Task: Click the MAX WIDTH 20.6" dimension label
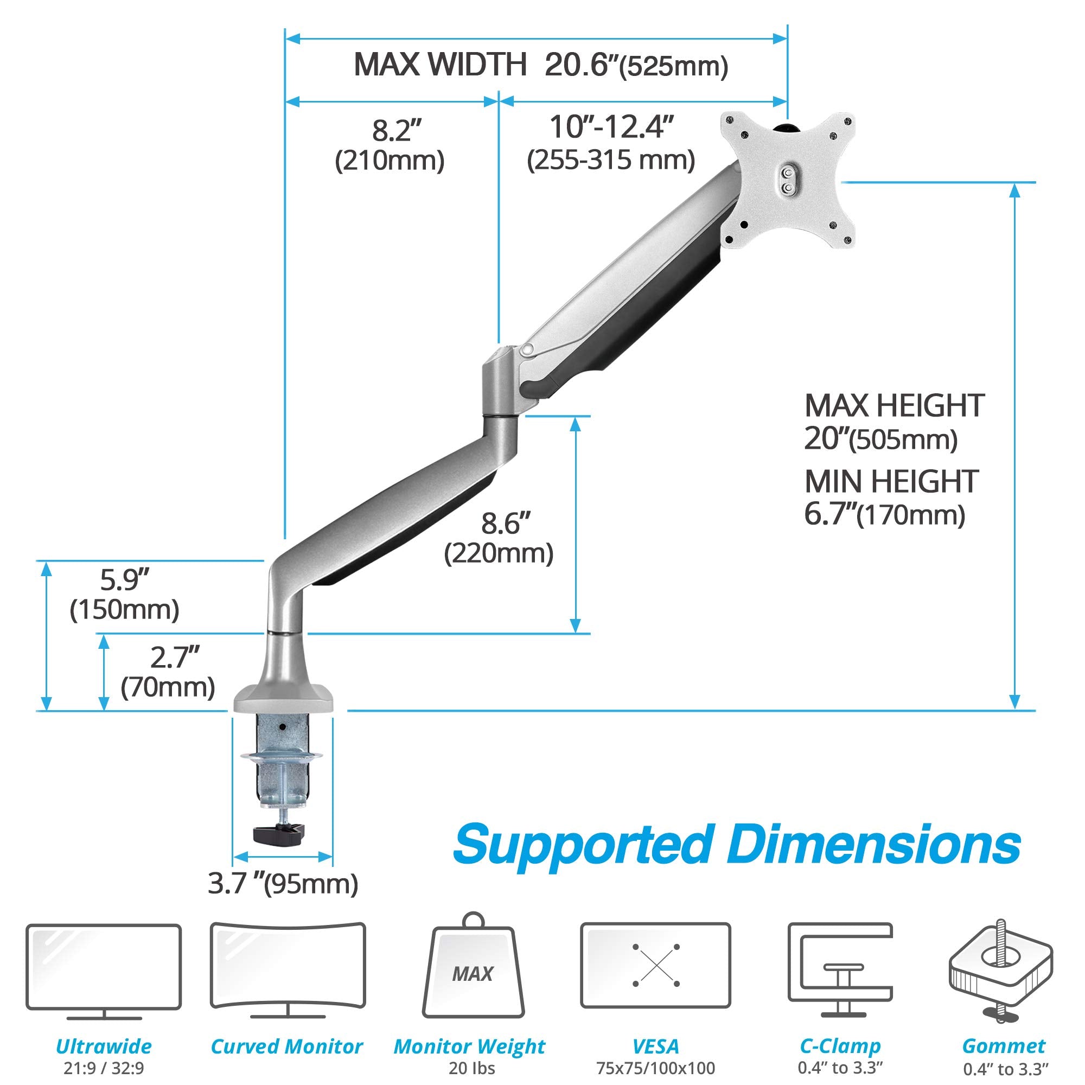pyautogui.click(x=540, y=65)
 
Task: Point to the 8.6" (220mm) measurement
pyautogui.click(x=499, y=538)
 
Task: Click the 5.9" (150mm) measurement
pyautogui.click(x=124, y=594)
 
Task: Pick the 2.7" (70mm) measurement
pyautogui.click(x=168, y=672)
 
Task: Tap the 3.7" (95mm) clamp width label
pyautogui.click(x=283, y=884)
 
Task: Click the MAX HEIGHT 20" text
pyautogui.click(x=893, y=422)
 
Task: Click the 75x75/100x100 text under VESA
pyautogui.click(x=655, y=1068)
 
